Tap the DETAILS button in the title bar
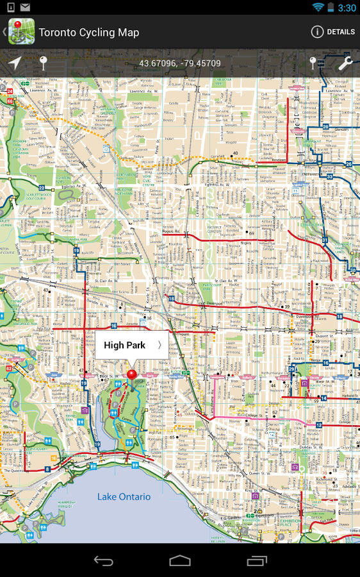coord(332,32)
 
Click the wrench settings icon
coord(345,63)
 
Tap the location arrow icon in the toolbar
coord(14,63)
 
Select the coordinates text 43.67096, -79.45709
coord(180,63)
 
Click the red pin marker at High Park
coord(132,374)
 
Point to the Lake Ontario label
coord(124,497)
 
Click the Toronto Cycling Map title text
coord(88,32)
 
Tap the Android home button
coord(180,560)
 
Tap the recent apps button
coord(257,560)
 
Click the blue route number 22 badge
coord(42,188)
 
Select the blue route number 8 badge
coord(47,469)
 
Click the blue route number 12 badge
coord(319,425)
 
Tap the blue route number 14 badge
coord(323,398)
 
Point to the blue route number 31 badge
coord(325,240)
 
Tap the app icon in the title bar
coord(20,32)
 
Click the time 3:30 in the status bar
coord(347,8)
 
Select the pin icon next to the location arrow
coord(44,63)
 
